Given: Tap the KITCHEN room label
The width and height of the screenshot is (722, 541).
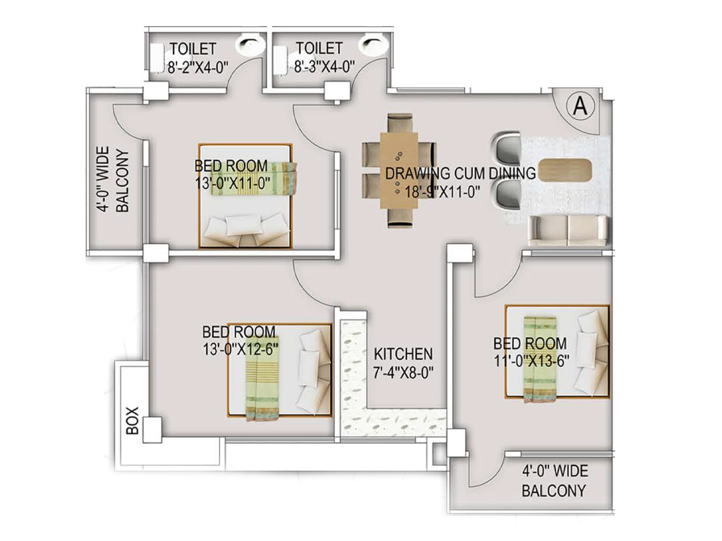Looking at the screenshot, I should point(403,354).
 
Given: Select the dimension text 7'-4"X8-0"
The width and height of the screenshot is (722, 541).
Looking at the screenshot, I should point(403,373).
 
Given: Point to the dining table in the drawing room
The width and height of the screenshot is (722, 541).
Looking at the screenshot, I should point(399,170).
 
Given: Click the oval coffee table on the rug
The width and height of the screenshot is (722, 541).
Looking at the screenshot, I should point(565,170).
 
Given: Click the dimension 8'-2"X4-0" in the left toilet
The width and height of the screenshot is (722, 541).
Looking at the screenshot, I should point(198,68).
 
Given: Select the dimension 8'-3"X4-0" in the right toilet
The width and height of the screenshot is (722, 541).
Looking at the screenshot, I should point(324,68).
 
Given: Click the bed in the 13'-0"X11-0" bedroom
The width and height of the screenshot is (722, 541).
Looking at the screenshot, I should point(245,197).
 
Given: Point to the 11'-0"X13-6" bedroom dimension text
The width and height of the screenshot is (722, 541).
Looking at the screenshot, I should point(531,362).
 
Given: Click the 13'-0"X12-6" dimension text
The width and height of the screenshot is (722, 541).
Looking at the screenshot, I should point(240,350).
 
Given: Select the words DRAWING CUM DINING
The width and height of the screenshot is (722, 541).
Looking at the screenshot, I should point(460,173).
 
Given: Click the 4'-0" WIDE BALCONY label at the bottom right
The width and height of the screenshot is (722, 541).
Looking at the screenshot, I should point(555,481).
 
